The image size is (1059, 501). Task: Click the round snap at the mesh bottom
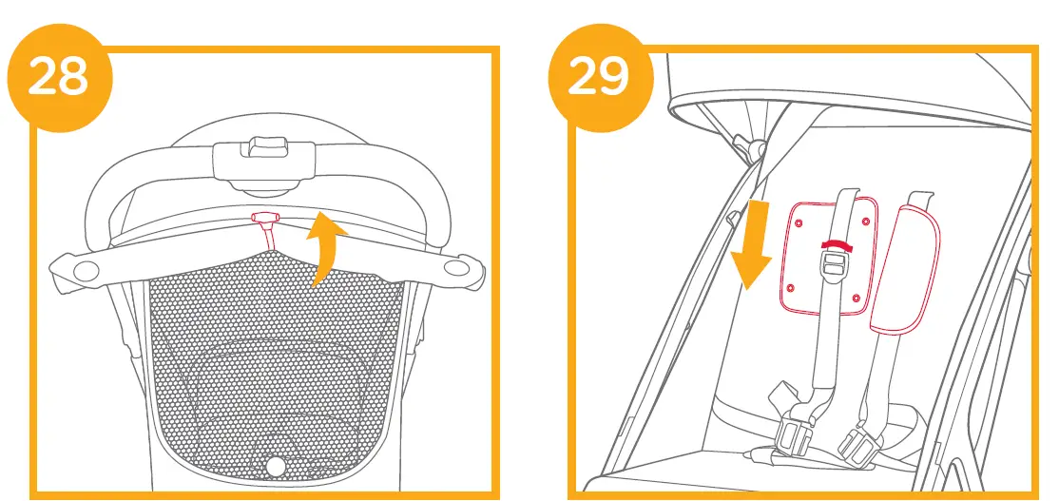(x=276, y=466)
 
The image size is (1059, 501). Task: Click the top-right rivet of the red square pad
(x=864, y=222)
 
